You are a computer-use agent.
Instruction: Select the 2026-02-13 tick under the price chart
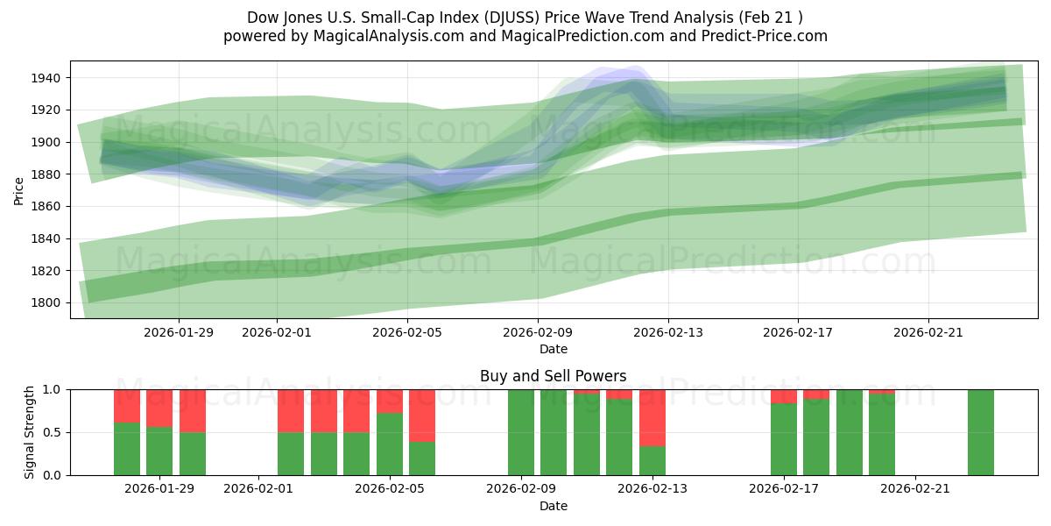(x=668, y=332)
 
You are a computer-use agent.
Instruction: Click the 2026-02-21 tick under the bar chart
(x=914, y=489)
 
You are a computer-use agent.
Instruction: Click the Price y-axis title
(x=18, y=189)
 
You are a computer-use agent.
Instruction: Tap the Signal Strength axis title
(x=29, y=432)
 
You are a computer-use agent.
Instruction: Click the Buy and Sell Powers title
(x=553, y=376)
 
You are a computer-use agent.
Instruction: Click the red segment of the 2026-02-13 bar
(x=652, y=417)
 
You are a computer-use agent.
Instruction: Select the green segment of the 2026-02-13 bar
(x=652, y=461)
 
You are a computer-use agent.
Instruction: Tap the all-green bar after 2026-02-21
(x=981, y=432)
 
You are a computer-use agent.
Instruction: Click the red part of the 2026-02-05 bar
(x=422, y=416)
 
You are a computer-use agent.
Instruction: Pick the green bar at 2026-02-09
(x=521, y=432)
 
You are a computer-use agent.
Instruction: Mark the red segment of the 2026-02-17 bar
(x=784, y=396)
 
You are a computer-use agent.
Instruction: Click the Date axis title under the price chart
(x=553, y=349)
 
